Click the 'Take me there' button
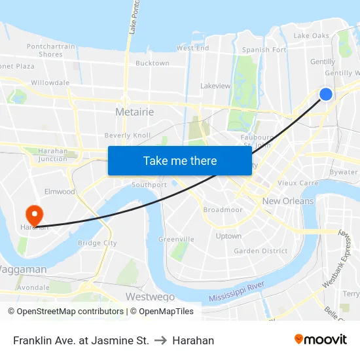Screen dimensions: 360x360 (x=180, y=161)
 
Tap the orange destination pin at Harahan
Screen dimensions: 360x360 (x=33, y=214)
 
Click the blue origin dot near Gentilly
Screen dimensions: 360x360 (x=325, y=94)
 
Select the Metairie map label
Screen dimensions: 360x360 (x=134, y=112)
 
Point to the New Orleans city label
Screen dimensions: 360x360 (x=288, y=201)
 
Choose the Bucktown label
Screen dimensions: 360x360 (x=152, y=63)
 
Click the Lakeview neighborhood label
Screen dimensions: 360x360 (x=215, y=86)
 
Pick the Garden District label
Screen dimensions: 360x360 (x=261, y=251)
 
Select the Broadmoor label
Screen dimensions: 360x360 (x=223, y=210)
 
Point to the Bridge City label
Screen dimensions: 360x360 (x=97, y=243)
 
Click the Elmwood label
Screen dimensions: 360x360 (x=60, y=192)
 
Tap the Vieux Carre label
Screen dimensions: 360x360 (x=298, y=183)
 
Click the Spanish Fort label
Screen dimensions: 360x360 (x=264, y=50)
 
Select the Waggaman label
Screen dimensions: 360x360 (x=23, y=270)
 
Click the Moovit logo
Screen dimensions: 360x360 (x=320, y=340)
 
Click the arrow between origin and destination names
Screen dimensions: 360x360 (x=160, y=340)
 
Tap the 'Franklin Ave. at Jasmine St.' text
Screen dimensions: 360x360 (x=81, y=340)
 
